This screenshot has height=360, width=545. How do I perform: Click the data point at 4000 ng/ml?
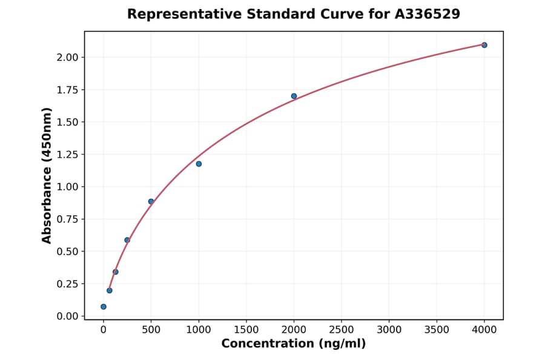(x=484, y=45)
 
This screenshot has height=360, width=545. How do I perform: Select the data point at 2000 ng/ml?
(x=294, y=96)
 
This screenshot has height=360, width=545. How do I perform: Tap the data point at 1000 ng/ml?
(x=199, y=164)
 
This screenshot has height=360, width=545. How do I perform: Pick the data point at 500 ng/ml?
(x=151, y=201)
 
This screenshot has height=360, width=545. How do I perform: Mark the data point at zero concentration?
(x=104, y=307)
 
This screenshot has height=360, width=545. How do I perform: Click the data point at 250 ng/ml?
(x=127, y=240)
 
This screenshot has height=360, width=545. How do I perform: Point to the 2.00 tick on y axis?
(x=68, y=57)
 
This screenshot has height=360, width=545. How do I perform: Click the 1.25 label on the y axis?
(x=68, y=154)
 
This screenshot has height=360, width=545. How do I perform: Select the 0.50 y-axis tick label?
(x=68, y=252)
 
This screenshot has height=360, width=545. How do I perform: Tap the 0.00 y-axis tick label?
(x=68, y=316)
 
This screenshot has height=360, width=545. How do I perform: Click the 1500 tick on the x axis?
(x=246, y=330)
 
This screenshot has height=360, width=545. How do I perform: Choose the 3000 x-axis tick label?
(x=389, y=330)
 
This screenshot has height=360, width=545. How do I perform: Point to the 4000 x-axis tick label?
(x=484, y=330)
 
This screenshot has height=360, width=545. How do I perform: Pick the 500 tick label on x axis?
(x=151, y=330)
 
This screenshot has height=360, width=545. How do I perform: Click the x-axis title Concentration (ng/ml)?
(x=294, y=344)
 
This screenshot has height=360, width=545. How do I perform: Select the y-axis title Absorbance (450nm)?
(x=47, y=176)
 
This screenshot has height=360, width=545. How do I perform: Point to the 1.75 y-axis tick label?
(x=68, y=90)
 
